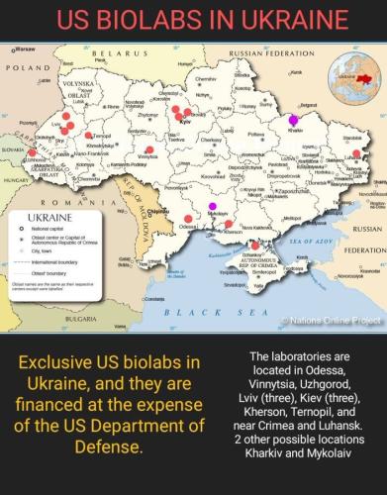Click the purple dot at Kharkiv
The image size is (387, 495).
click(292, 122)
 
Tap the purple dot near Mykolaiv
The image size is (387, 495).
click(212, 207)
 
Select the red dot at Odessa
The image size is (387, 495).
click(188, 219)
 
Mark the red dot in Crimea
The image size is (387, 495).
click(254, 245)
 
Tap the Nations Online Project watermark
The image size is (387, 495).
click(333, 320)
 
